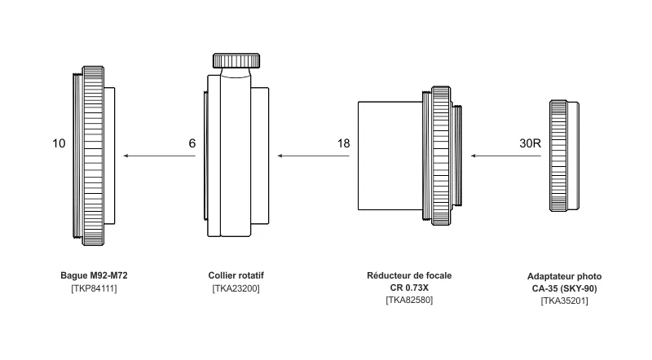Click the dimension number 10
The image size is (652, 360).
point(59,143)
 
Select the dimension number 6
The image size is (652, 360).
point(192,143)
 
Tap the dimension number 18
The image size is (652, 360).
point(343,143)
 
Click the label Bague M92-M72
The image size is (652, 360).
point(94,276)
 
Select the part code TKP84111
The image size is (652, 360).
point(94,288)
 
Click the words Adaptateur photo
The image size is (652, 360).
point(565,277)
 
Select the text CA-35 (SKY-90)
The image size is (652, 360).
point(565,288)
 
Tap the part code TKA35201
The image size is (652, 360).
point(565,301)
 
